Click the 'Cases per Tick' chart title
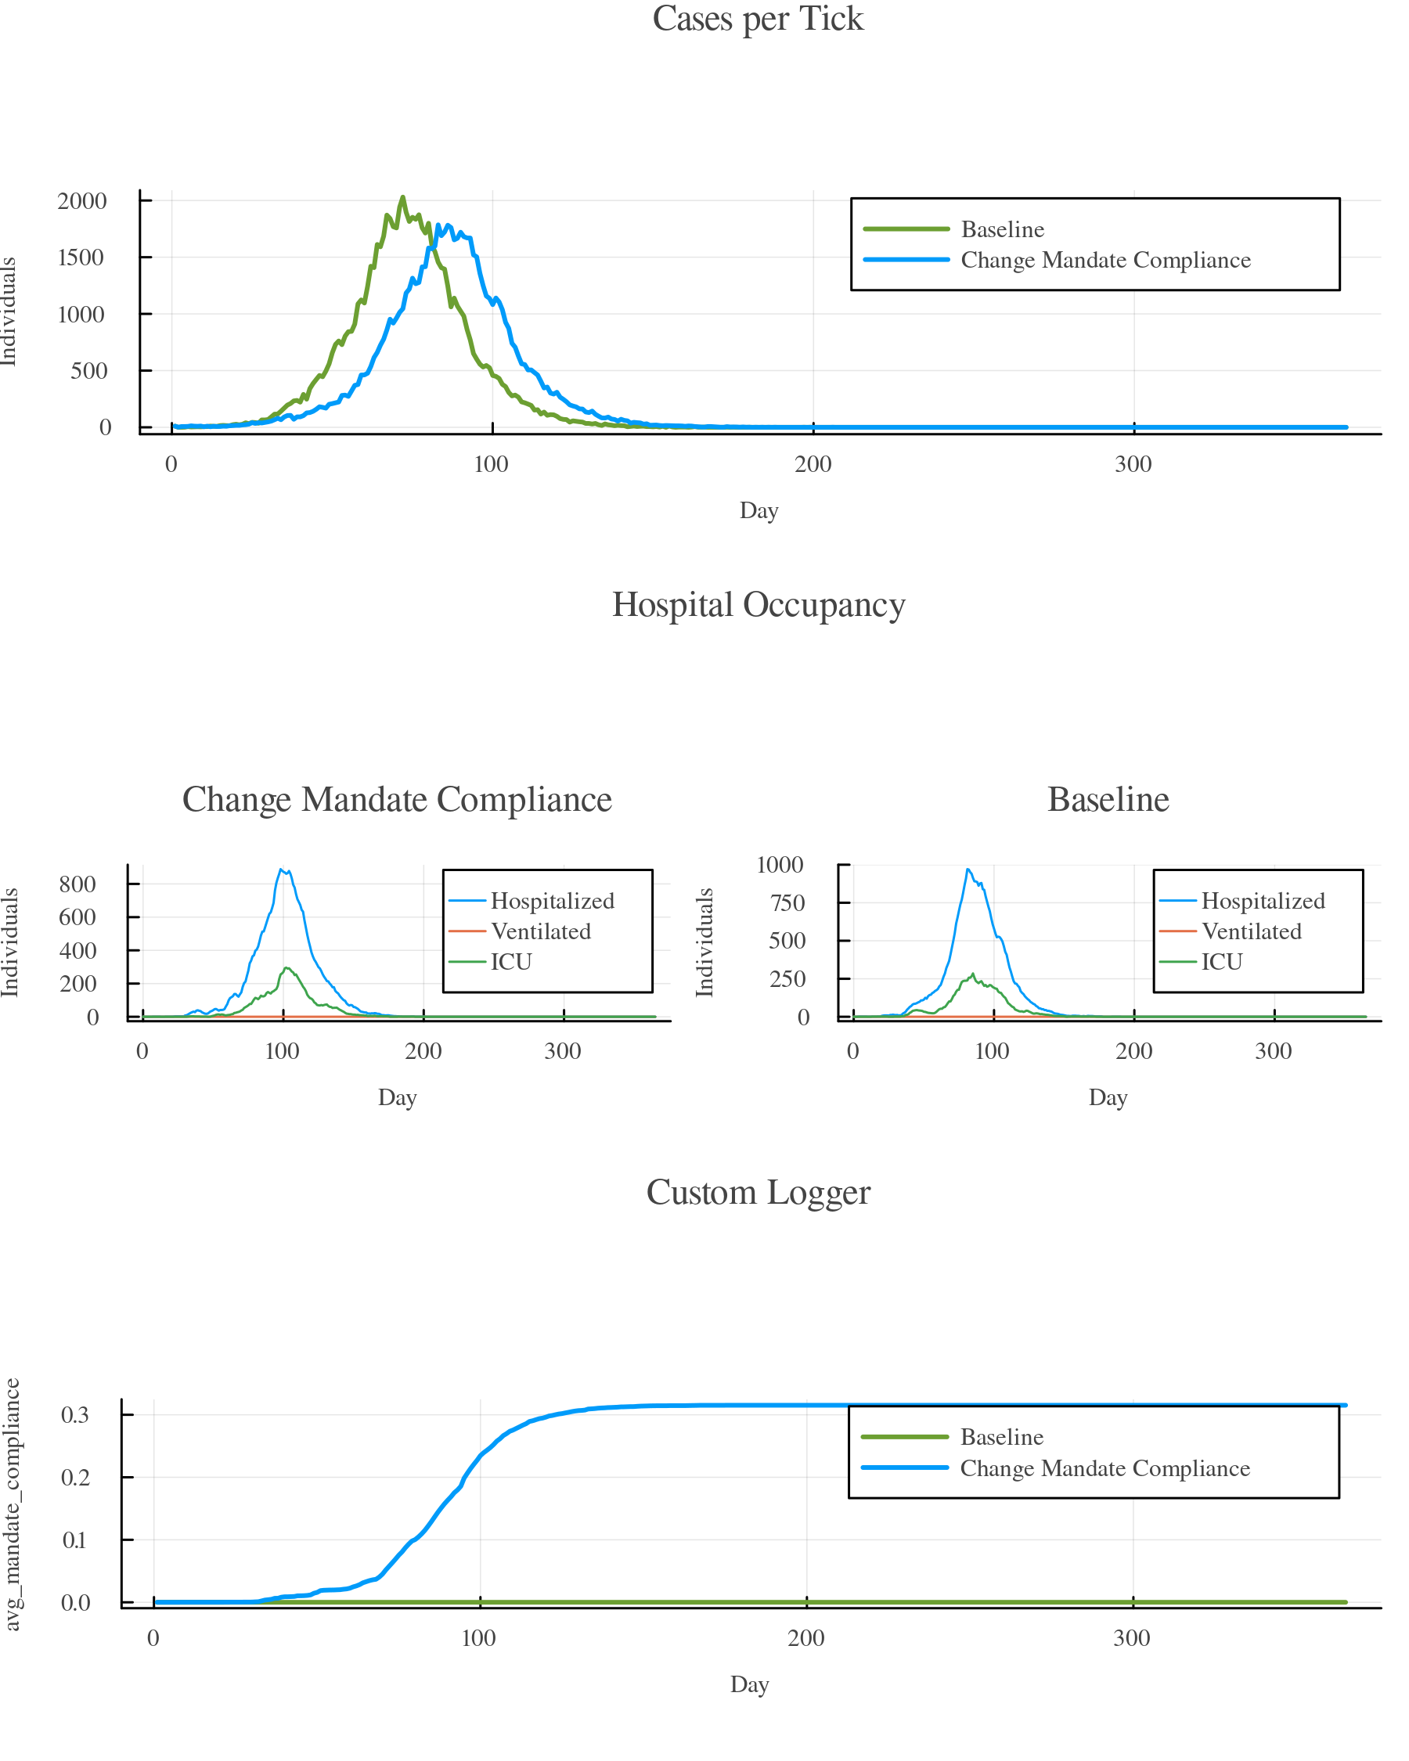click(757, 19)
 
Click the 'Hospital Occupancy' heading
click(758, 605)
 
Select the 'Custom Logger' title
click(758, 1193)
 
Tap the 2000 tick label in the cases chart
click(81, 201)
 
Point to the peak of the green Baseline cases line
click(402, 198)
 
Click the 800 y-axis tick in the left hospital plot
click(77, 884)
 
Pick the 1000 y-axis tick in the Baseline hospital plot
click(780, 864)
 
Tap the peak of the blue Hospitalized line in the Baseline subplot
click(967, 869)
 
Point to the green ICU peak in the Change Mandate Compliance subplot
click(286, 969)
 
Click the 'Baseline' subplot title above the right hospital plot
click(1108, 799)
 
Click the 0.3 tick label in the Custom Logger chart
click(75, 1415)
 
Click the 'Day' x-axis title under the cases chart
click(759, 511)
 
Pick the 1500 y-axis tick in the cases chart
click(81, 257)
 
